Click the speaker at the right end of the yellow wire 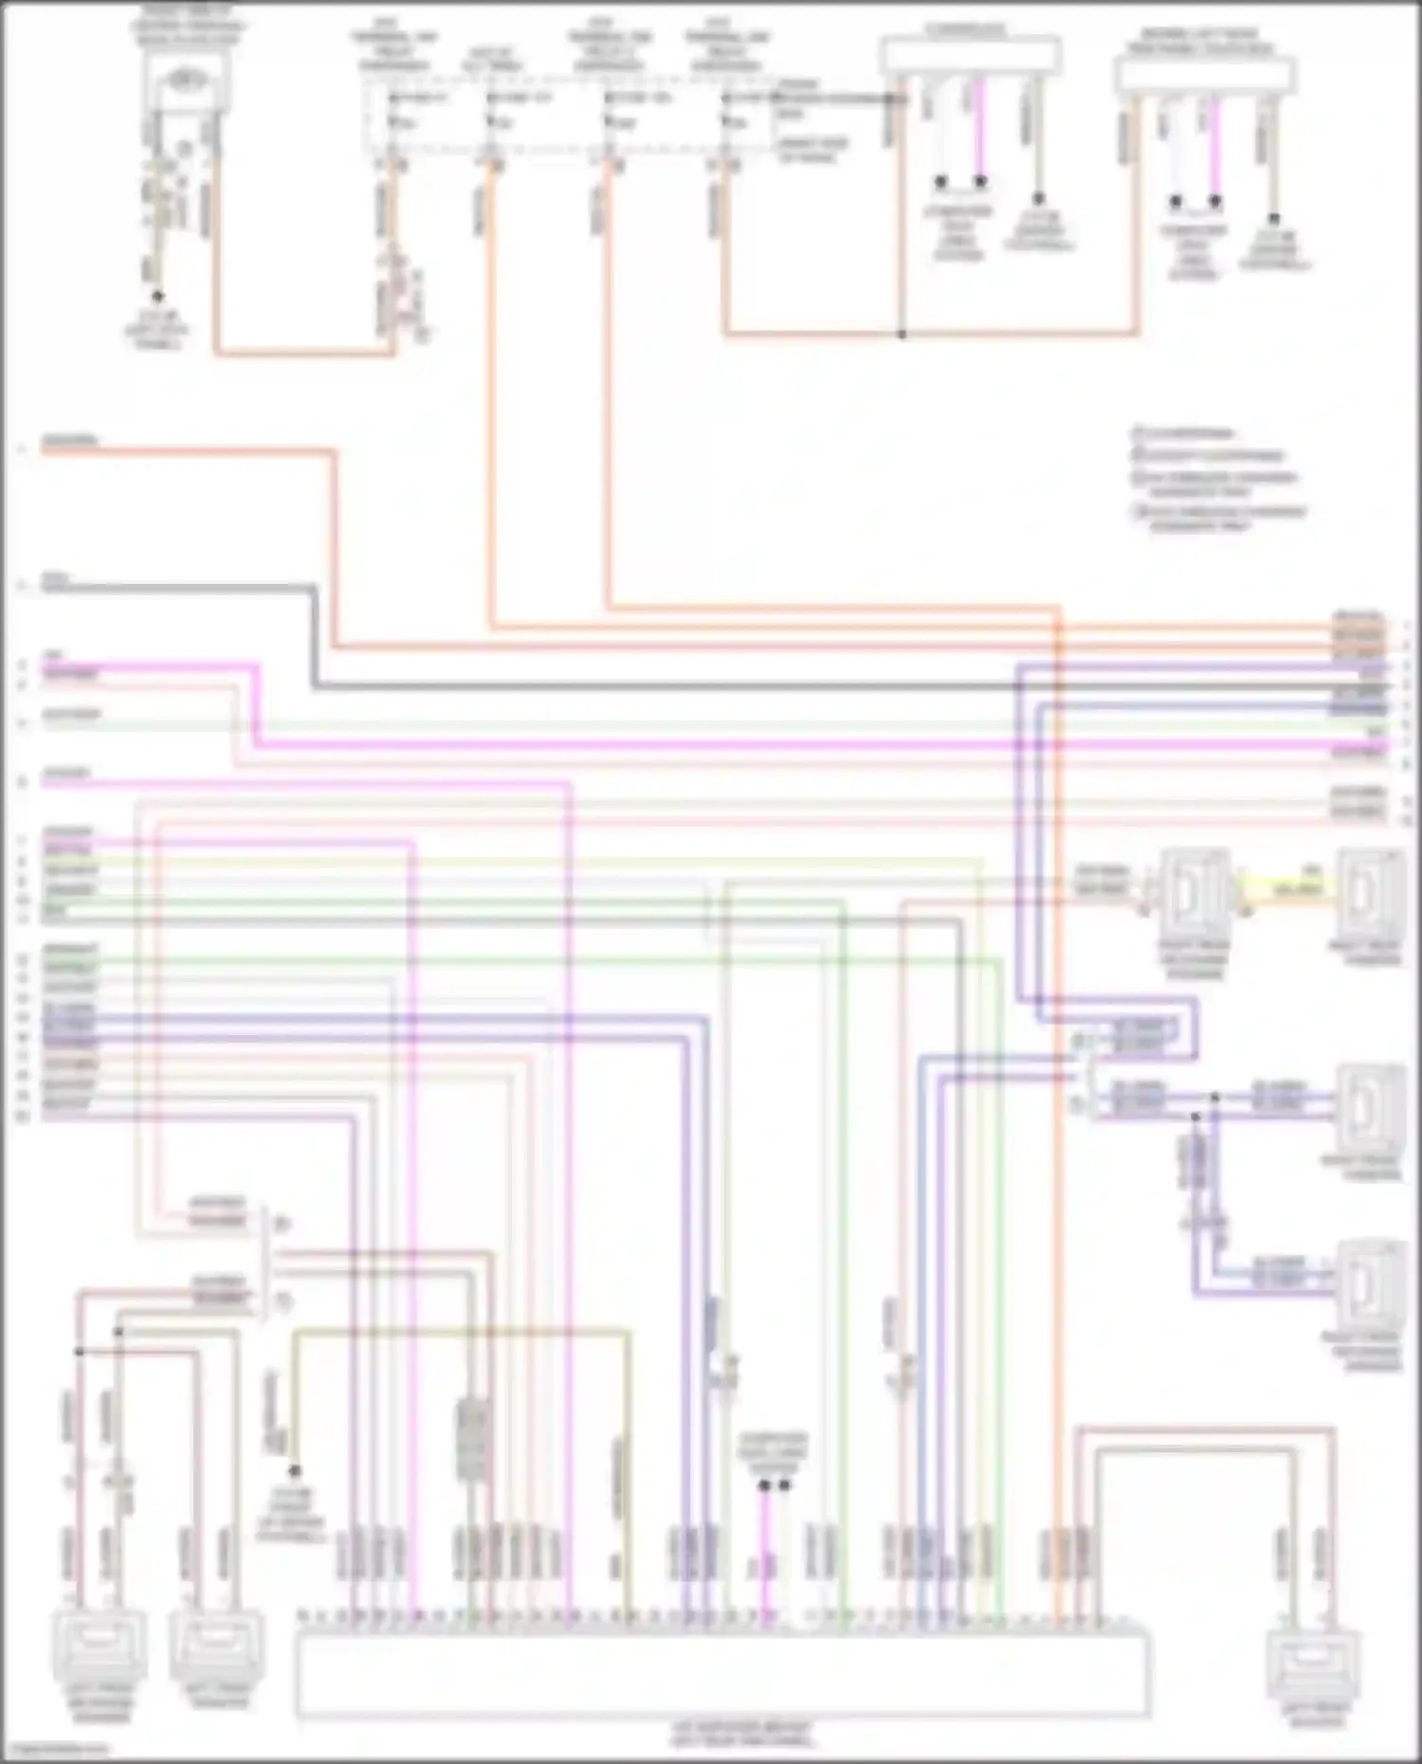coord(1370,896)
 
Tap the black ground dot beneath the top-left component coord(157,296)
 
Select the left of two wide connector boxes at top coord(970,55)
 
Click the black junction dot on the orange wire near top coord(902,334)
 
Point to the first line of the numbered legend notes coord(1185,434)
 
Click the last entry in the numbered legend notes coord(1218,518)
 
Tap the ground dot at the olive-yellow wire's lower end coord(295,1471)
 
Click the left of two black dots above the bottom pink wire coord(764,1485)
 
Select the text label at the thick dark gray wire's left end coord(55,577)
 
